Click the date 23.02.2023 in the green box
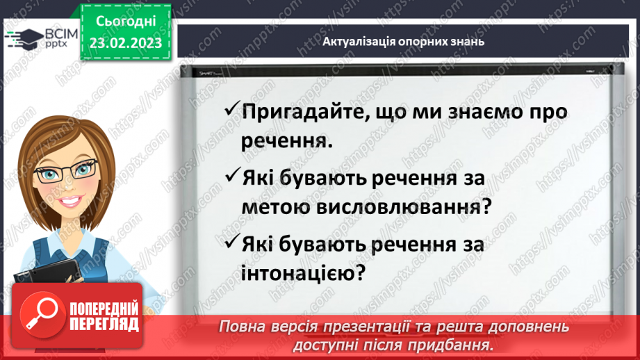pyautogui.click(x=125, y=43)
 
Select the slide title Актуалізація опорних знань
pyautogui.click(x=403, y=41)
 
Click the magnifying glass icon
pyautogui.click(x=40, y=313)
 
